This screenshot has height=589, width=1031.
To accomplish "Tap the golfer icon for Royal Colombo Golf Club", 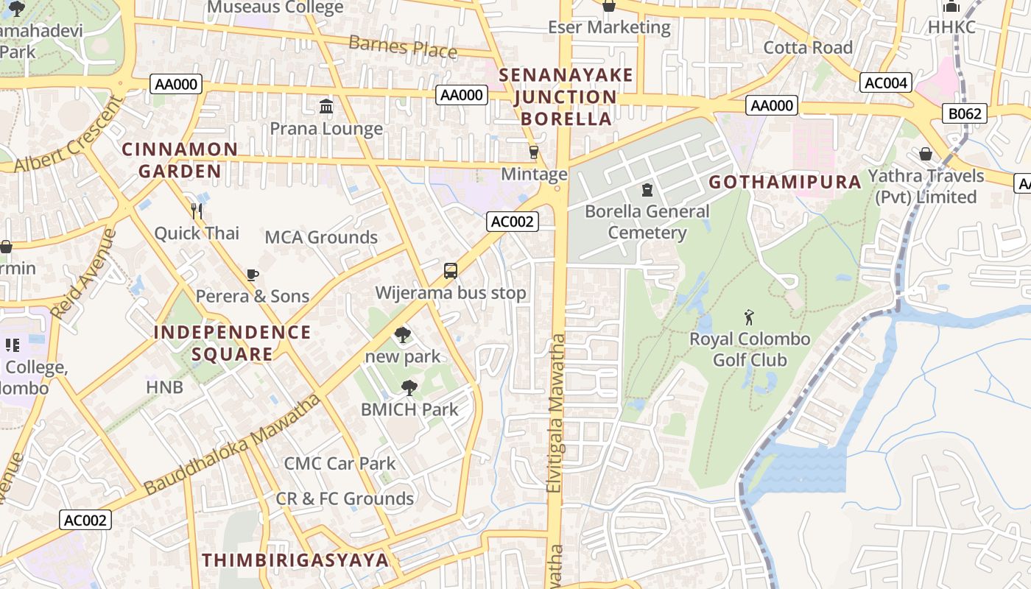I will click(x=750, y=317).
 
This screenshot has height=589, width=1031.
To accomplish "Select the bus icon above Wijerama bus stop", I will click(x=451, y=271).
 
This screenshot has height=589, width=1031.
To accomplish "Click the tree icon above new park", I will click(x=402, y=335).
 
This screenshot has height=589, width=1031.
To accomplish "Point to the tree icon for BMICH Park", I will click(x=409, y=388).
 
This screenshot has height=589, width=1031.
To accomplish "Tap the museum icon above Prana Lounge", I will click(x=326, y=107).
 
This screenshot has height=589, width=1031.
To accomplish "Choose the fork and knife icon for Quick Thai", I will click(x=196, y=212).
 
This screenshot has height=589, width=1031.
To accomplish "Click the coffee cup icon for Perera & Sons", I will click(x=253, y=275).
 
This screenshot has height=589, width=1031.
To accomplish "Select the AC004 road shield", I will click(x=886, y=82).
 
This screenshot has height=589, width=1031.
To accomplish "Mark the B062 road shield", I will click(x=964, y=113).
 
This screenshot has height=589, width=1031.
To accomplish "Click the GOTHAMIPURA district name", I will click(x=785, y=182).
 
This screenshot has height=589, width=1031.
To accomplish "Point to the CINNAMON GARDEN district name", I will click(x=180, y=161).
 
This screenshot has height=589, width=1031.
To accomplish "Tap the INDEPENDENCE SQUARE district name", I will click(x=233, y=343).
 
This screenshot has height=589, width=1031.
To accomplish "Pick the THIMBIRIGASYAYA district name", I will click(x=295, y=560).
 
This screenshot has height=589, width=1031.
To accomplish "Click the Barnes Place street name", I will click(x=403, y=46).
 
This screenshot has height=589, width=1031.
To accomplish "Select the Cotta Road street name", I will click(x=808, y=48).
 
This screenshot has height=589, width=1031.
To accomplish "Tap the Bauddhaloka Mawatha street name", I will click(x=232, y=445).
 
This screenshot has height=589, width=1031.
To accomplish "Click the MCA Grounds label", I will click(x=321, y=237).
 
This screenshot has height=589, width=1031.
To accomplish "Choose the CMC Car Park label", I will click(x=339, y=464).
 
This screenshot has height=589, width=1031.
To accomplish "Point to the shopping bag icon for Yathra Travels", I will click(x=926, y=154).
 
